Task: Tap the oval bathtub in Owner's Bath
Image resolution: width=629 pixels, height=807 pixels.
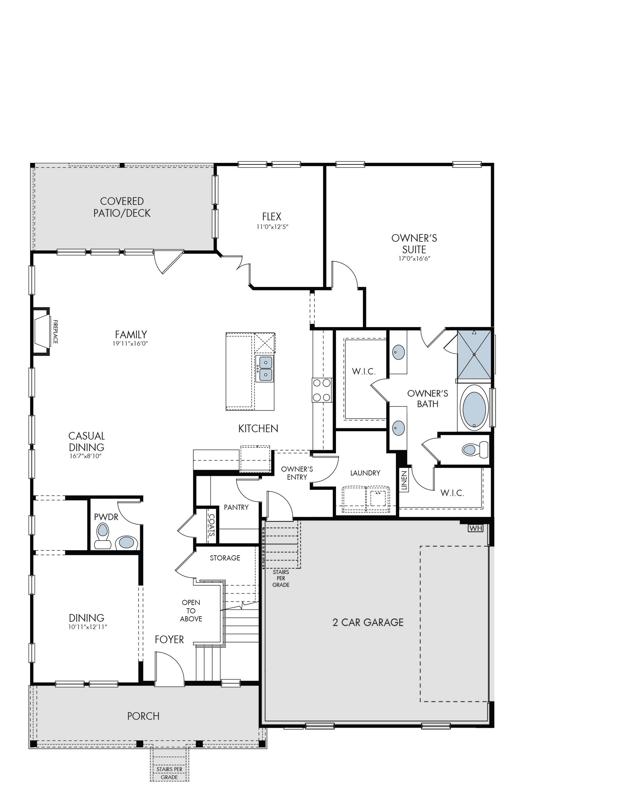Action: [474, 408]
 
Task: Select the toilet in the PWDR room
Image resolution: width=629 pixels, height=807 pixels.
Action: [102, 537]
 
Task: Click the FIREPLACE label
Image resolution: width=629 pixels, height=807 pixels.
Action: [55, 332]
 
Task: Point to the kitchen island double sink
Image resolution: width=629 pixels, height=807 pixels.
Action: [265, 368]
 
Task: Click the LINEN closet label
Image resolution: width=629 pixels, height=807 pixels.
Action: [404, 481]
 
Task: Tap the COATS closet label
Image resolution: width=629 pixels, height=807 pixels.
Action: [211, 525]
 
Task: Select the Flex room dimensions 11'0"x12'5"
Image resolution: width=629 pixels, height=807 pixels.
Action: [272, 226]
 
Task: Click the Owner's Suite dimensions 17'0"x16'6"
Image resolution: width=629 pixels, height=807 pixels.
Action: [414, 258]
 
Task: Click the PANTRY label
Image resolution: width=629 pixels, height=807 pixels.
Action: [236, 507]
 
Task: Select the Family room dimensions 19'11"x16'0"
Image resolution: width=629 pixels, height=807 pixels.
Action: [131, 343]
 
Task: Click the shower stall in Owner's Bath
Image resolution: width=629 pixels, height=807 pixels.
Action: [474, 355]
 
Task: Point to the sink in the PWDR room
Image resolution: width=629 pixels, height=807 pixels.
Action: [126, 543]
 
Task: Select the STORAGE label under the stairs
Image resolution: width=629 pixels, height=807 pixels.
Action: [225, 558]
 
